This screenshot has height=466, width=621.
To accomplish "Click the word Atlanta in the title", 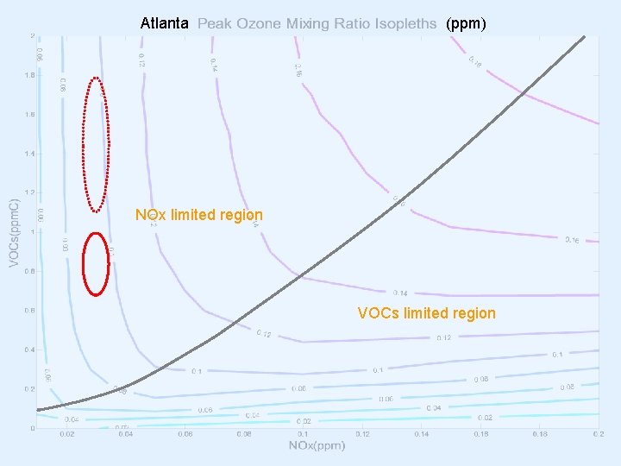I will [x=164, y=24].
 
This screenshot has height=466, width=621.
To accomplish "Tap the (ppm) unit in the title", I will [x=466, y=24].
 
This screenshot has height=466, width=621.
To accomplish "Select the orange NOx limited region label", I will [x=199, y=214].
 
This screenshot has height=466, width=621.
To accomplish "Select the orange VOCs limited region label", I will [x=427, y=313].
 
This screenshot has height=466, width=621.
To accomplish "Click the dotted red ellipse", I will [x=96, y=144].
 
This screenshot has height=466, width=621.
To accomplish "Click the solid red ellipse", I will [x=96, y=264].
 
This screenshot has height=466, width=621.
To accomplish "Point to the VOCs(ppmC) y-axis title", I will [x=13, y=232].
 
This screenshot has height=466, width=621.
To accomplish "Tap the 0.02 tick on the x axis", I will [x=66, y=434].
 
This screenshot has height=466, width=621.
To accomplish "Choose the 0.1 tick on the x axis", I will [x=303, y=434].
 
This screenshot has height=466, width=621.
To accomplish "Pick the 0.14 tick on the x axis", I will [x=421, y=434].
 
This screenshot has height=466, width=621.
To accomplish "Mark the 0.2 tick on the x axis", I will [x=596, y=434].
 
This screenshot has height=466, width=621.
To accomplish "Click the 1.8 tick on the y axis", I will [x=30, y=75].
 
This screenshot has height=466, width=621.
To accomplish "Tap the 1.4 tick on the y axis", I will [x=30, y=154].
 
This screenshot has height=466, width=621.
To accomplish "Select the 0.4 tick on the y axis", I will [x=30, y=349].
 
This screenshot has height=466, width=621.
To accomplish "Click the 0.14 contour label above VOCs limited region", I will [x=400, y=293].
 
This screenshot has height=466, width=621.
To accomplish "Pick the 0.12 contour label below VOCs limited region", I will [x=442, y=337].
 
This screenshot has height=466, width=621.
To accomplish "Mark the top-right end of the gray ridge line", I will [x=584, y=36].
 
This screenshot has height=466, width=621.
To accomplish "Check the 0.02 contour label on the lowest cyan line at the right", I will [x=485, y=417].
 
